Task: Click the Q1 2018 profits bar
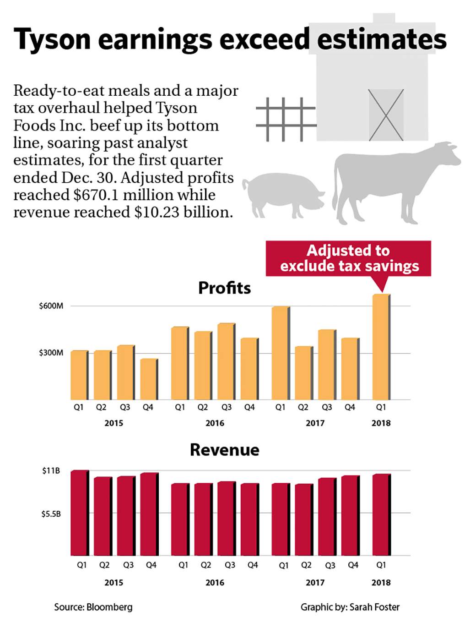tap(381, 347)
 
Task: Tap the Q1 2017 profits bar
tap(280, 353)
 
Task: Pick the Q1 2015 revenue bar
tap(79, 513)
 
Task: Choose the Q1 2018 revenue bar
tap(381, 515)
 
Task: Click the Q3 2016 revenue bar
tap(226, 519)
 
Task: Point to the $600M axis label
tap(51, 306)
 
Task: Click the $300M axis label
tap(51, 353)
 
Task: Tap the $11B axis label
tap(51, 471)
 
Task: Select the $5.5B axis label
tap(51, 514)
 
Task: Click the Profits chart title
tap(224, 288)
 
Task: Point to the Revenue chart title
tap(224, 450)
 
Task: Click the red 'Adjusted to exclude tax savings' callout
tap(349, 258)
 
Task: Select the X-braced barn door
tap(386, 115)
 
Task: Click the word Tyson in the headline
tap(52, 39)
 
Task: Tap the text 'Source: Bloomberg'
tap(93, 607)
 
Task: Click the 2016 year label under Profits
tap(215, 423)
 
